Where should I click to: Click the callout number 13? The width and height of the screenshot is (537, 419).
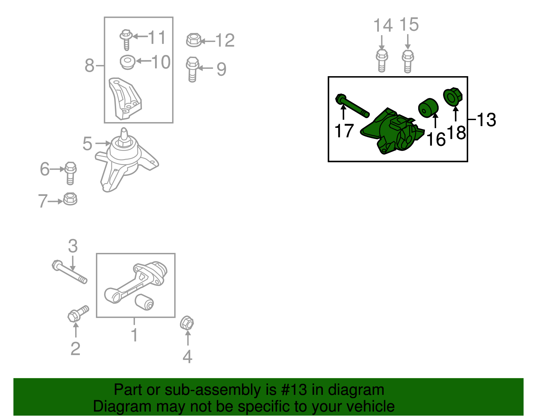coord(486,120)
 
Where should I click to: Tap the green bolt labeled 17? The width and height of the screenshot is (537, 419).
coord(352,106)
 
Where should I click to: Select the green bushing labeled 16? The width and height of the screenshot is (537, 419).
coord(428,108)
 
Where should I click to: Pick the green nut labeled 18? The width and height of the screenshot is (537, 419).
coord(453,97)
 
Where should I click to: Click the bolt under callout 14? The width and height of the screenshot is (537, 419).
coord(382,61)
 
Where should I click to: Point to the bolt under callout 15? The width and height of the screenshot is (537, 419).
coord(408,61)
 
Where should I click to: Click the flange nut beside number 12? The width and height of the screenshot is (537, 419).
coord(194,40)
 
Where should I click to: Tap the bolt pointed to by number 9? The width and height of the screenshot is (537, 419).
coord(193,69)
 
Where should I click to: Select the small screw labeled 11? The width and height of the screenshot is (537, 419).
coord(126,40)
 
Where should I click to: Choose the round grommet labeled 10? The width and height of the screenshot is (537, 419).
coord(128,62)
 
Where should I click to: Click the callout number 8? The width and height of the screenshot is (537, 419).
coord(89,65)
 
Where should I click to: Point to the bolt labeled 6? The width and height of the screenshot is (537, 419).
coord(70,173)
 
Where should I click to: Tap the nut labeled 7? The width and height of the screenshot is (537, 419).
coord(70,199)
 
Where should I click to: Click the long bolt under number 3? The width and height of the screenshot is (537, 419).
coord(69,272)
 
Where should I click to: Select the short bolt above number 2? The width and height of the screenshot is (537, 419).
coord(78,314)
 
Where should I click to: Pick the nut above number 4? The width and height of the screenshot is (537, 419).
coord(187,323)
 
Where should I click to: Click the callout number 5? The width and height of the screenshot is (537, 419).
coord(87,144)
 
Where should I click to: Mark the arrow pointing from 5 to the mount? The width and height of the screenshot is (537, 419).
coord(103,143)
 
